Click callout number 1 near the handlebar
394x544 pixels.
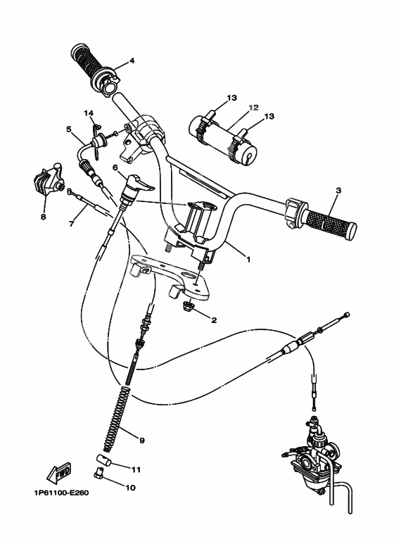point(247,258)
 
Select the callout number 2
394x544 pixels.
point(214,319)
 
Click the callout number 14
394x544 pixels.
point(89,112)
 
